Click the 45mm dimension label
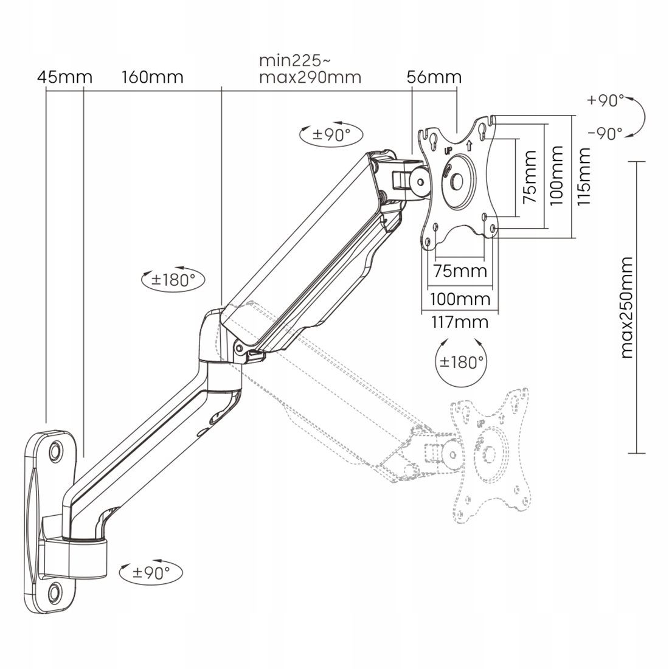tap(64, 77)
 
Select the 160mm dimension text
tap(153, 77)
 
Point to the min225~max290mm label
tap(310, 69)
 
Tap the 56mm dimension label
tap(434, 77)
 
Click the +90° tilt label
tap(606, 100)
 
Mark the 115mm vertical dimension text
tap(584, 176)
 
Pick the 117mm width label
tap(460, 322)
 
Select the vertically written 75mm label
tap(530, 176)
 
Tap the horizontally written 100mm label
tap(460, 299)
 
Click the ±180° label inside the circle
tap(462, 362)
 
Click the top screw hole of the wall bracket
tap(55, 451)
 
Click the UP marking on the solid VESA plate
tap(448, 149)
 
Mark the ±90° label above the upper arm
tap(331, 134)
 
